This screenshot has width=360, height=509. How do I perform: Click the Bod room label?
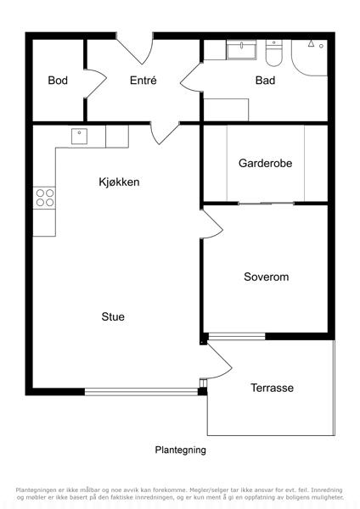[x=58, y=81]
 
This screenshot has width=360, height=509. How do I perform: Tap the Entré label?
[x=143, y=81]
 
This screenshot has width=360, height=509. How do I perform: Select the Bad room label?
[x=265, y=81]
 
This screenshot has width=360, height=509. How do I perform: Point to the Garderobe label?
[x=265, y=163]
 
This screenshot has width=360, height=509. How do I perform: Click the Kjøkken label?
[x=119, y=182]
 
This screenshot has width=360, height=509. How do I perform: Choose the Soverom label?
[x=266, y=277]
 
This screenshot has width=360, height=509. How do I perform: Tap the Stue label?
[x=113, y=316]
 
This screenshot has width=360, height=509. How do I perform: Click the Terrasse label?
[x=272, y=388]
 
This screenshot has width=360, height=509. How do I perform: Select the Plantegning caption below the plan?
[x=180, y=450]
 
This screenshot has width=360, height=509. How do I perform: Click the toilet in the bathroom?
[x=273, y=53]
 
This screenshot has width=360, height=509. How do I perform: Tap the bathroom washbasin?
[x=241, y=50]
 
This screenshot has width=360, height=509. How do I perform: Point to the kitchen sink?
[x=79, y=136]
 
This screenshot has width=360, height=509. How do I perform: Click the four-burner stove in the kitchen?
[x=44, y=198]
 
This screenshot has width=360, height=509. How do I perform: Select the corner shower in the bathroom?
[x=309, y=58]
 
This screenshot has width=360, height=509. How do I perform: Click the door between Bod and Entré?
[x=95, y=83]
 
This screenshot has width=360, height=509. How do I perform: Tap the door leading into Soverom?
[x=211, y=224]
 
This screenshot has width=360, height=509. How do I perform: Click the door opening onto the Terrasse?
[x=219, y=361]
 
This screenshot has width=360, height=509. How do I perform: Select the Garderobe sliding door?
[x=266, y=204]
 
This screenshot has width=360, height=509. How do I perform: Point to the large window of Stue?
[x=141, y=391]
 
